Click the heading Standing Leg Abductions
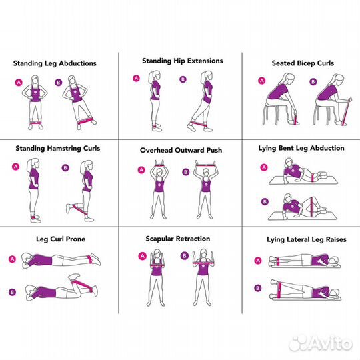click(55, 63)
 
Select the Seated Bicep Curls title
click(303, 63)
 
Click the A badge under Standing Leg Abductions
click(19, 83)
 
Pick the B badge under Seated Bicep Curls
click(313, 82)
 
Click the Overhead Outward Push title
click(181, 151)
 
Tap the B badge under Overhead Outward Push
click(186, 172)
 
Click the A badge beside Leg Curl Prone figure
click(12, 259)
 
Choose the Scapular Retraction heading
click(178, 239)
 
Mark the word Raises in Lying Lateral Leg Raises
click(337, 240)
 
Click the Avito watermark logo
click(321, 344)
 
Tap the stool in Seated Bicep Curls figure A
click(271, 113)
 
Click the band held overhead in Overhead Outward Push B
click(205, 165)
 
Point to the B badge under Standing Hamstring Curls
click(65, 168)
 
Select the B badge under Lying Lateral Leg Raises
click(258, 288)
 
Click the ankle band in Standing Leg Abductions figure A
click(35, 123)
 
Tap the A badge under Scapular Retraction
click(143, 256)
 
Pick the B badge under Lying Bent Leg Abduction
click(265, 202)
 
